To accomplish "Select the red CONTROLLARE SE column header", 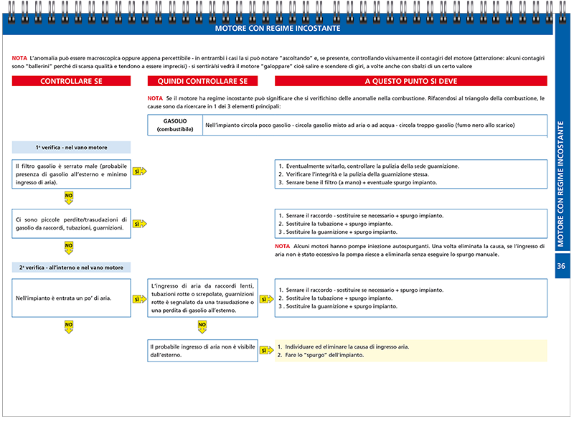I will click(x=71, y=82).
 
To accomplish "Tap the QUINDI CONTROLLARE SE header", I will click(x=202, y=82).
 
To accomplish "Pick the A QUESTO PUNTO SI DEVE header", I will click(x=410, y=82).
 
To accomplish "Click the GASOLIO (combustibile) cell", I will click(x=175, y=125).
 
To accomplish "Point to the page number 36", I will click(x=563, y=266).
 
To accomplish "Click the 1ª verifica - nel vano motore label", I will click(x=71, y=148).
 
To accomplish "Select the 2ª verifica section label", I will click(x=71, y=268).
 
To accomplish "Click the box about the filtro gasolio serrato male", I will click(x=71, y=174).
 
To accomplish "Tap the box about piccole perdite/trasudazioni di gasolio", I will click(x=71, y=224).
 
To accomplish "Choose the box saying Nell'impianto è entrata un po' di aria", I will click(x=71, y=298).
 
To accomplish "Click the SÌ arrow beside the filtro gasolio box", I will click(x=139, y=171).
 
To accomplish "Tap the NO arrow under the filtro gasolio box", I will click(x=69, y=196).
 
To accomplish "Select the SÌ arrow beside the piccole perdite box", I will click(x=139, y=224).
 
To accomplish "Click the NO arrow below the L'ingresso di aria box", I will click(x=202, y=326).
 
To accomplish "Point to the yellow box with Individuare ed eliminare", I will click(x=410, y=351).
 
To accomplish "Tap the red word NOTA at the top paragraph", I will click(x=19, y=57).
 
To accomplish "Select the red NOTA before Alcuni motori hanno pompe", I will click(x=283, y=246).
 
